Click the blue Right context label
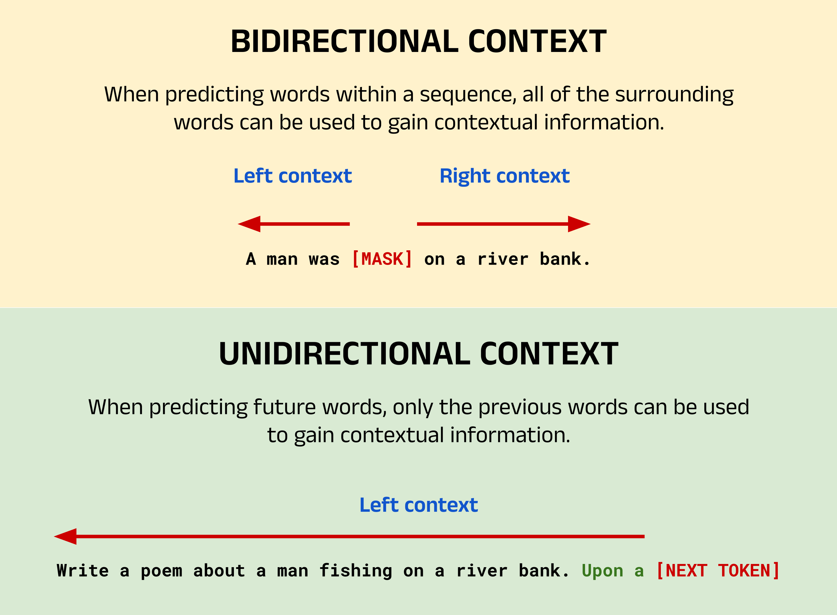(x=505, y=177)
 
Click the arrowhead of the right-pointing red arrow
(x=579, y=224)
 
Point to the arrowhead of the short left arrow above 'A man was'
(x=249, y=224)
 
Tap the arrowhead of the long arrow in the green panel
(x=65, y=537)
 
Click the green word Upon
(x=603, y=571)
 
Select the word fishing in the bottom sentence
(x=356, y=571)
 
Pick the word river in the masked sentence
(x=503, y=259)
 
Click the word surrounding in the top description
(x=674, y=95)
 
